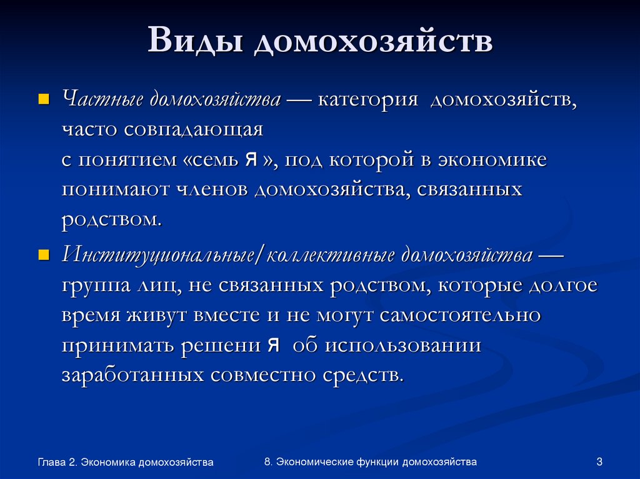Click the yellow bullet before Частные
coord(43,99)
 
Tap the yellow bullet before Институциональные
coord(43,255)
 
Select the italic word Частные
coord(102,100)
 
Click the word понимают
coord(115,190)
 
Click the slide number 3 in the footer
coord(599,462)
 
